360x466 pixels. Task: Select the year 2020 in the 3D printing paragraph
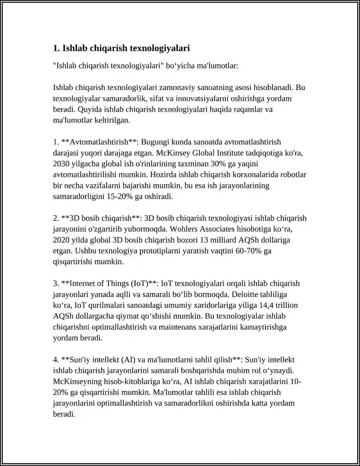pos(61,240)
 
